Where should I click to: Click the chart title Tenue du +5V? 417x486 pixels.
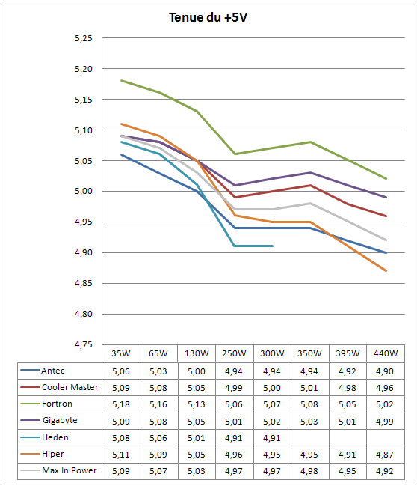[208, 17]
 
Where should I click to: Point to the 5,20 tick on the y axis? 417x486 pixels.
[84, 69]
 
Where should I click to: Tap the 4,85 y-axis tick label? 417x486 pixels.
[84, 283]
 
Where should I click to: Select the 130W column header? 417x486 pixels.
[197, 353]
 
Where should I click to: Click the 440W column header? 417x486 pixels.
[386, 353]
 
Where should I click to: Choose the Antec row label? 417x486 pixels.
[53, 371]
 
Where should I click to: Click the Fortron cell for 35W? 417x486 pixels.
[121, 404]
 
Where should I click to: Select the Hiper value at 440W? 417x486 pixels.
[385, 455]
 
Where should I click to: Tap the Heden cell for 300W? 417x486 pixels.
[272, 438]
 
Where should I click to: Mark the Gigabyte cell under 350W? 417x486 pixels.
[309, 422]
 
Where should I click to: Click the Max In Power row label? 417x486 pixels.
[69, 470]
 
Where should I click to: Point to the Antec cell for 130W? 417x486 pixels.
[197, 371]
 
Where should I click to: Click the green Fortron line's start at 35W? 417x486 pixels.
[121, 81]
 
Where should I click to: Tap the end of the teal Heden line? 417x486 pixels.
[272, 246]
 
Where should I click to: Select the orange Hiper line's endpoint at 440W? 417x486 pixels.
[386, 270]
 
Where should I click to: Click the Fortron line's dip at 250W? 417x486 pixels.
[235, 154]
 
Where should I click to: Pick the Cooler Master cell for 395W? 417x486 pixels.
[347, 388]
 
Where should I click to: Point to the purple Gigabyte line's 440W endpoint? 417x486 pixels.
[386, 197]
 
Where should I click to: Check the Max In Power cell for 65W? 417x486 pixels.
[158, 471]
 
